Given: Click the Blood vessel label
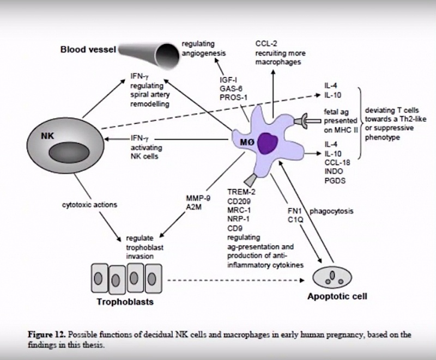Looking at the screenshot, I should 87,50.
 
